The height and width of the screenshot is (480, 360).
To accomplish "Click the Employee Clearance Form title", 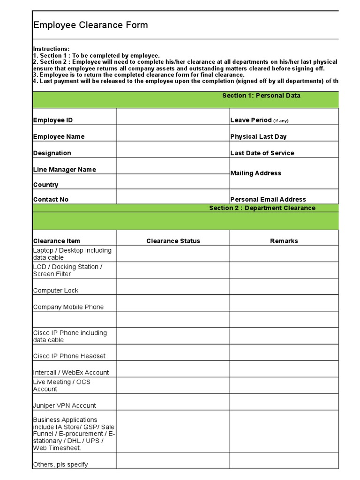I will (x=90, y=25).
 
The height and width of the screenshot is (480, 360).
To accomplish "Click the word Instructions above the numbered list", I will (x=51, y=49).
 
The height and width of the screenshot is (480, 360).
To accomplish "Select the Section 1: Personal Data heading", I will (x=261, y=96).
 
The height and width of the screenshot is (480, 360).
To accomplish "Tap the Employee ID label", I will (x=53, y=120).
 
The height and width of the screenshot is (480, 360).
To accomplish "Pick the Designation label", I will (x=52, y=153).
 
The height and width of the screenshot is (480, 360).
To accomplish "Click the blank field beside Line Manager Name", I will (x=173, y=166).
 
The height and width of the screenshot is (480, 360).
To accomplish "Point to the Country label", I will (x=46, y=185).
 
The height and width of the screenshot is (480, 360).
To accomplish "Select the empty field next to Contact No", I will (x=173, y=196).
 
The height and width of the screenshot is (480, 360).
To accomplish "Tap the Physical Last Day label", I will (x=258, y=136).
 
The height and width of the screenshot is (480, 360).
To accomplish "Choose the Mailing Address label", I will (x=255, y=173).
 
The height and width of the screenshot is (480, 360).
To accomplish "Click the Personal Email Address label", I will (x=268, y=199).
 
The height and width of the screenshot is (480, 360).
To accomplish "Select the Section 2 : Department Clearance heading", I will (x=262, y=208).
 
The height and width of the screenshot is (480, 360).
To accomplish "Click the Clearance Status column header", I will (x=173, y=241).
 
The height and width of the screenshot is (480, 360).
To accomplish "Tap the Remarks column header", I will (x=284, y=241).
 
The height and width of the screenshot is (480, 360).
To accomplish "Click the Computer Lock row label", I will (x=56, y=291).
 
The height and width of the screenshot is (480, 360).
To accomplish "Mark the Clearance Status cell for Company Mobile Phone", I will (x=173, y=303).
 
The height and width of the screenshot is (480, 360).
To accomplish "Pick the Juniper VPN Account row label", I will (x=64, y=405).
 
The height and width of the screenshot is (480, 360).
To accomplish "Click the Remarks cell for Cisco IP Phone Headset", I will (x=284, y=352).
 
